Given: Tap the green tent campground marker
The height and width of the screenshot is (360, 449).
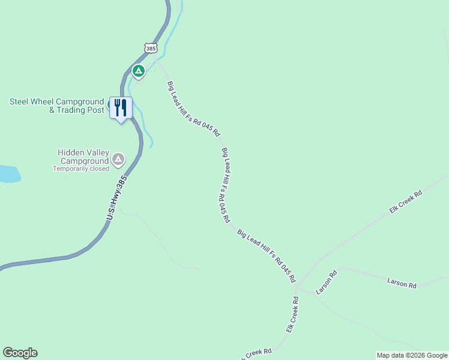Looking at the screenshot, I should tap(139, 71).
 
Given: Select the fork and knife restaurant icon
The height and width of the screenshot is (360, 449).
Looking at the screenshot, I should tap(121, 108).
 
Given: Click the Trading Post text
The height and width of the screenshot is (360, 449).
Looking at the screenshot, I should tap(80, 110).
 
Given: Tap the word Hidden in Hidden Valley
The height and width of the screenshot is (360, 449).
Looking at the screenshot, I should tap(71, 152).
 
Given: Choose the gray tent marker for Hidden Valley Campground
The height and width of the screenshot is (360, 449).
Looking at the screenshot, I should tap(118, 159).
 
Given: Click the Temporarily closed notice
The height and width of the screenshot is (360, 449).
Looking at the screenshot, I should tap(81, 169).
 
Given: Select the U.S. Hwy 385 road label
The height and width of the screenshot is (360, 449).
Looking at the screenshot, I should tap(118, 197).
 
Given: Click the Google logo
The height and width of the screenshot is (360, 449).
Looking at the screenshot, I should tap(20, 353).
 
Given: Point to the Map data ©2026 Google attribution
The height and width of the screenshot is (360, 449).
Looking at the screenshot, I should tap(412, 355).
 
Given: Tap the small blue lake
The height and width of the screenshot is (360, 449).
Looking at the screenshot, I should tap(9, 174).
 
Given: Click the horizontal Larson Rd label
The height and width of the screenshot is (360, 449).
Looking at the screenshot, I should tap(402, 283).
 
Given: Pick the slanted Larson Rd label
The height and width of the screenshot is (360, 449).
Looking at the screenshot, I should tap(327, 282).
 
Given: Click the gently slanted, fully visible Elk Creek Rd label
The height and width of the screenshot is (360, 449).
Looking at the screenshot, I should tap(406, 202).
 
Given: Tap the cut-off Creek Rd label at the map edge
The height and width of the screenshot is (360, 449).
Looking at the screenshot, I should tap(258, 353).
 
